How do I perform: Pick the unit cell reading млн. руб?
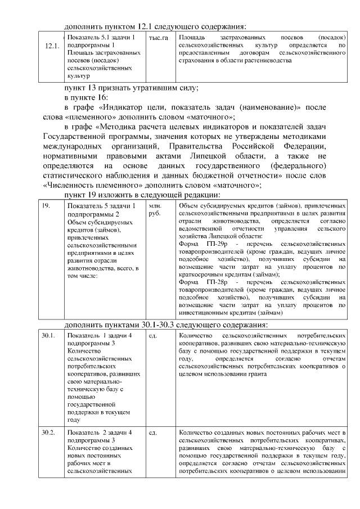pos(155,210)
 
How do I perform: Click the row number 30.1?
pos(48,336)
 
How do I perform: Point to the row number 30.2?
pos(48,433)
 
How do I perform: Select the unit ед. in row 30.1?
pos(152,336)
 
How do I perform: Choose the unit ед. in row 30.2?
pos(152,433)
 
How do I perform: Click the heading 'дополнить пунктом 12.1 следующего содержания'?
pos(156,26)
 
